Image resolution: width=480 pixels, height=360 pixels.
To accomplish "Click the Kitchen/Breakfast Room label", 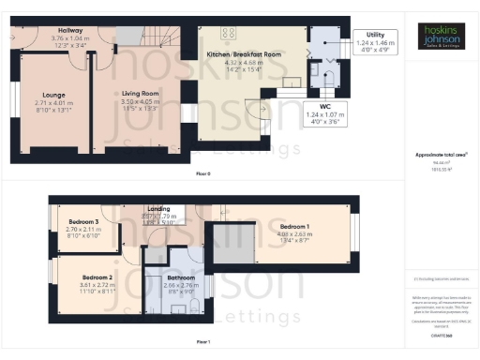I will coord(243,55).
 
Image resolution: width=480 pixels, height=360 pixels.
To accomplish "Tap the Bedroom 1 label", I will coord(294,227).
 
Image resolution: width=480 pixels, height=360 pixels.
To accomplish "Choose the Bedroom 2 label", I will coord(97,278).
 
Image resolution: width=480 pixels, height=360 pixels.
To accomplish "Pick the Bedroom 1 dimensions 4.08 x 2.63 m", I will coord(294,234).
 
